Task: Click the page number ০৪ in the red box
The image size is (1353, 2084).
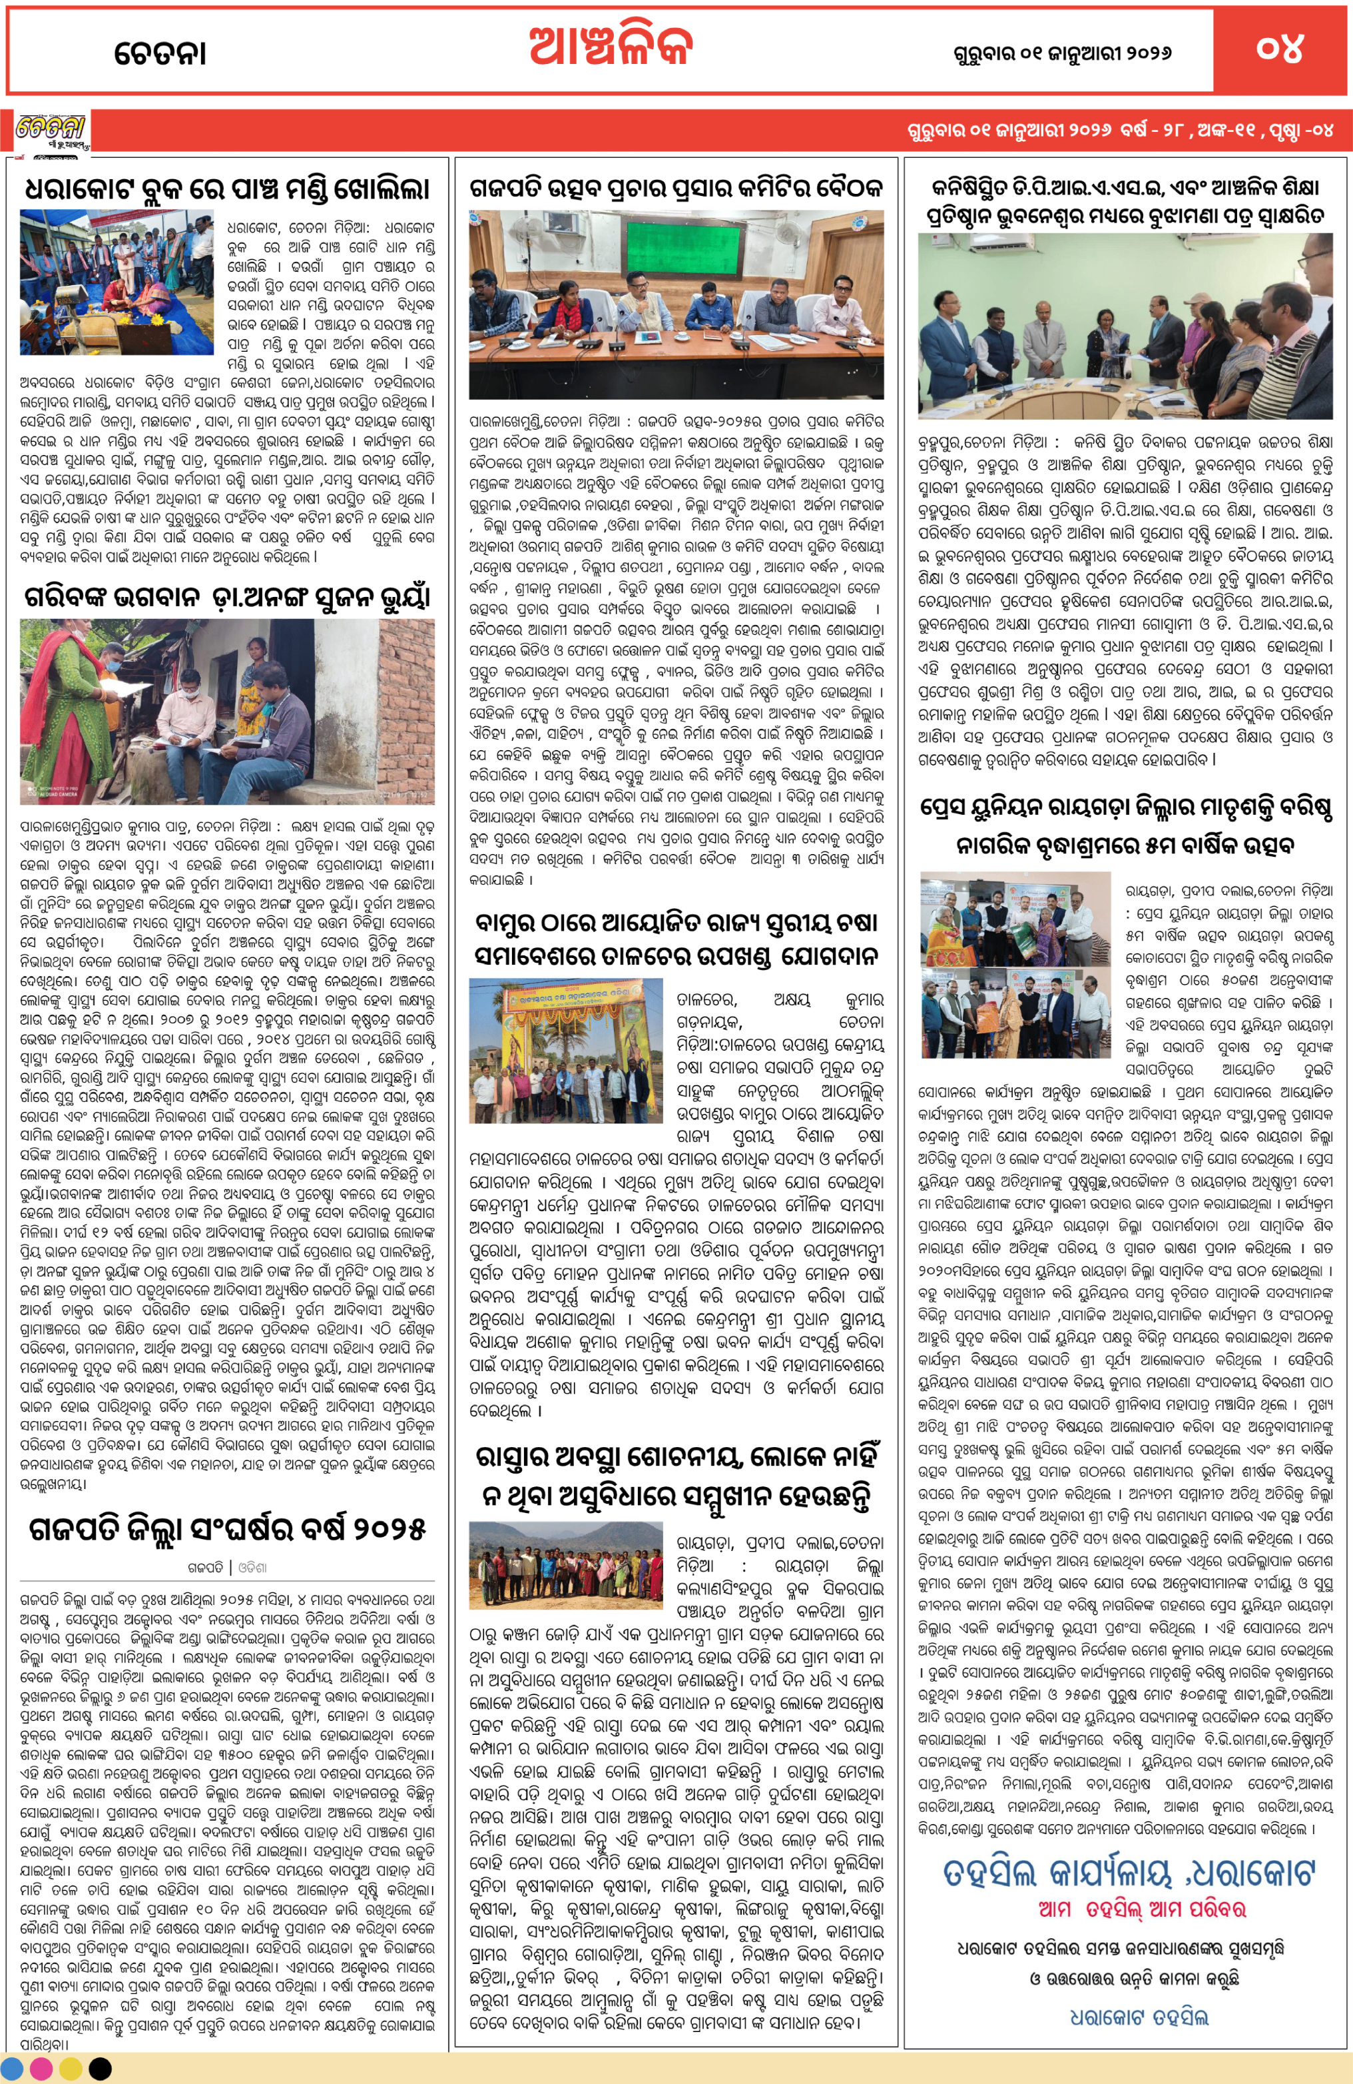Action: pos(1280,49)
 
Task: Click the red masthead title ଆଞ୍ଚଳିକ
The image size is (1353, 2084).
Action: pos(610,47)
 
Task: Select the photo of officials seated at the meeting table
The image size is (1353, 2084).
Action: pos(676,304)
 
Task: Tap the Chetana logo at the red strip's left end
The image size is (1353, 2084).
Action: pos(51,131)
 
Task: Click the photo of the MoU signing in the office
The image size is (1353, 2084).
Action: pos(1125,326)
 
